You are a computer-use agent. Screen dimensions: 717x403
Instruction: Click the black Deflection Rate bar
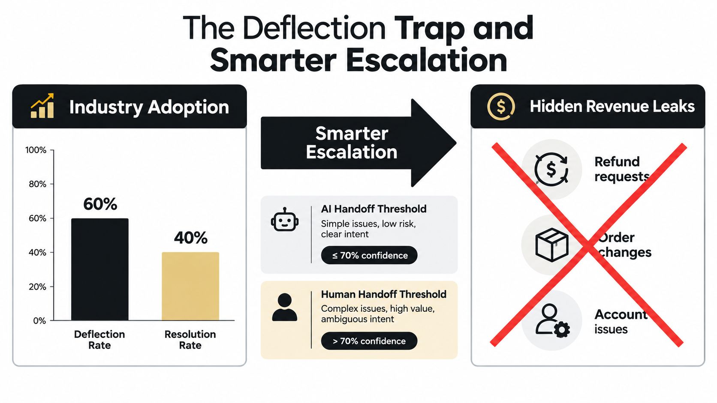tap(100, 269)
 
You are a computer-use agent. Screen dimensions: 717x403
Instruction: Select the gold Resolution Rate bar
tap(190, 286)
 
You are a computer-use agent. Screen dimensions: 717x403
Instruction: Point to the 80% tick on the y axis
tap(52, 184)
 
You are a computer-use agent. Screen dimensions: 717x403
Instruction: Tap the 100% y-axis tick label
tap(36, 150)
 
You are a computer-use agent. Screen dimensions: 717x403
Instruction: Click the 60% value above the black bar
tap(100, 204)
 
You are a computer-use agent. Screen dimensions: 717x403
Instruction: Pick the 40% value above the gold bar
tap(191, 238)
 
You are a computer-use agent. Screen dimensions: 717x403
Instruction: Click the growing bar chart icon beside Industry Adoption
tap(42, 106)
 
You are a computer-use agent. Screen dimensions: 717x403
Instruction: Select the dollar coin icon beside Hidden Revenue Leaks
tap(501, 106)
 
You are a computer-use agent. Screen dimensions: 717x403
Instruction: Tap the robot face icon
tap(285, 220)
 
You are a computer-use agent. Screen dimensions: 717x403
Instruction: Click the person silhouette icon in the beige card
tap(285, 307)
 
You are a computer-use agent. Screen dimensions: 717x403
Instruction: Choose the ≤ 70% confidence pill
tap(369, 255)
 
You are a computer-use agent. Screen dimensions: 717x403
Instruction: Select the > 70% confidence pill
tap(369, 340)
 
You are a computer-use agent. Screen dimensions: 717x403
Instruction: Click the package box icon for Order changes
tap(552, 245)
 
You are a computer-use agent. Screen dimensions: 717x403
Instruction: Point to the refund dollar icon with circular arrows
tap(551, 169)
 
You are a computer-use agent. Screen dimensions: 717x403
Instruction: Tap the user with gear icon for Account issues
tap(552, 320)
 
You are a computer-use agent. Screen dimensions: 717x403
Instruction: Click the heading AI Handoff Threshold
tap(374, 209)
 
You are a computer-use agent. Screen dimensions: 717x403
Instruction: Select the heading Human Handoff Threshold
tap(383, 294)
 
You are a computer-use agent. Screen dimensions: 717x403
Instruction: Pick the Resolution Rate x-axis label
tap(190, 340)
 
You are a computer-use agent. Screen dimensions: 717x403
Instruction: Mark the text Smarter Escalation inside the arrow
tap(352, 143)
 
